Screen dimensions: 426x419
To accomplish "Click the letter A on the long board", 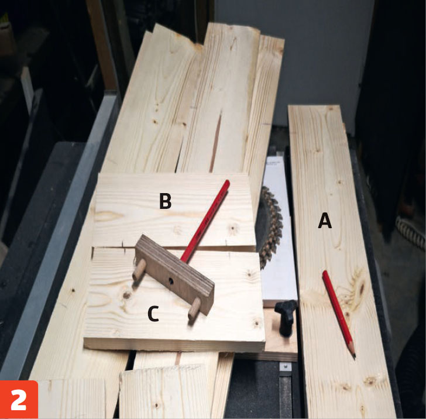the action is tap(325, 221).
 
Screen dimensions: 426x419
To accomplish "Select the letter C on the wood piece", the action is tap(153, 313).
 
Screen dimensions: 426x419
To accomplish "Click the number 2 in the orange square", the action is tap(19, 400).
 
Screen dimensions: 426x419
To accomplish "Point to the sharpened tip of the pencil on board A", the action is tap(355, 358).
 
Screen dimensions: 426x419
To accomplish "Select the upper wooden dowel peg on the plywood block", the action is tap(138, 270).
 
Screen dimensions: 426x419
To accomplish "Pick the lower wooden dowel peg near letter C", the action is tap(194, 309).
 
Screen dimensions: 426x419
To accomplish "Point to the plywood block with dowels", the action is tap(174, 274).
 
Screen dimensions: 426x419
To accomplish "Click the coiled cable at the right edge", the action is tap(410, 230).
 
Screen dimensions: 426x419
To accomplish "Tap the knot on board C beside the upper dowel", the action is tap(126, 295).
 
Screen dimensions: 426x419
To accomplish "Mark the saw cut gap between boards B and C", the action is tap(174, 248).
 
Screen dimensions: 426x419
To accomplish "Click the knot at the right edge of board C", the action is tap(256, 324).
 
